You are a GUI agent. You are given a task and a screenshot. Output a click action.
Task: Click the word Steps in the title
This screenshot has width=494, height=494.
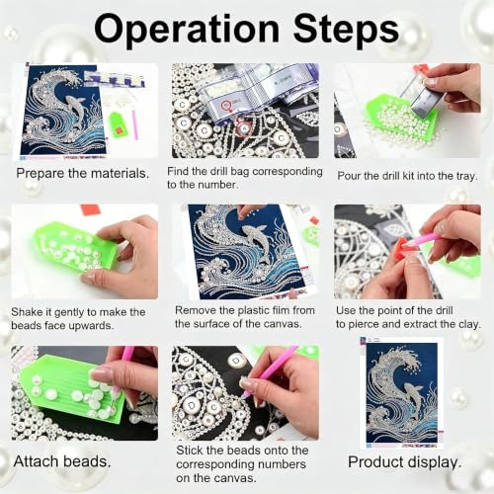click(x=346, y=32)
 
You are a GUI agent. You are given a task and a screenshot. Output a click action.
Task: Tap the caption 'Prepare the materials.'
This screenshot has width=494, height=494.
click(x=83, y=174)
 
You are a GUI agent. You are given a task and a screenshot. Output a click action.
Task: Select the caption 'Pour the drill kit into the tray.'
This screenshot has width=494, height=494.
click(x=407, y=176)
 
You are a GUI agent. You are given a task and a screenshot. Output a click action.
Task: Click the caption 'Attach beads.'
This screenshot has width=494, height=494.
click(x=62, y=461)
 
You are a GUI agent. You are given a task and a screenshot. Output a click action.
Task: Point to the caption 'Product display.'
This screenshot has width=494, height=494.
click(x=405, y=462)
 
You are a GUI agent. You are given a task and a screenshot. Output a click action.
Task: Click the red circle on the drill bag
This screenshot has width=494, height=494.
click(x=226, y=105)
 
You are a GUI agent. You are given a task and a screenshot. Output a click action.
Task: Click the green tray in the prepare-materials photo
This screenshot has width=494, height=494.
click(x=117, y=124)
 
